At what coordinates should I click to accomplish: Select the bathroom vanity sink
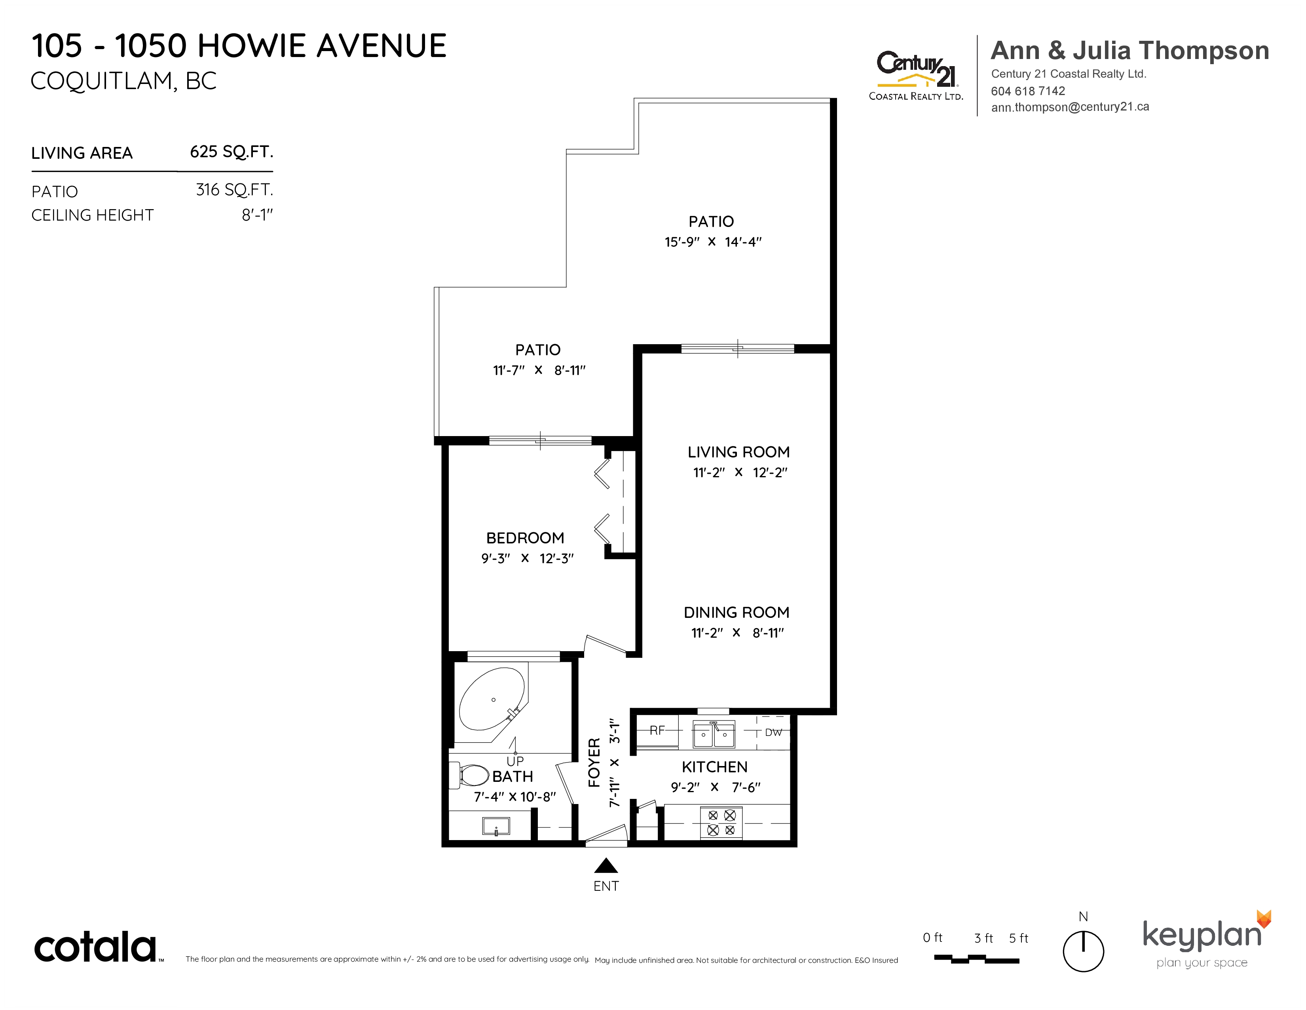click(x=496, y=826)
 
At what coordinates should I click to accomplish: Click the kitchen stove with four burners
click(x=721, y=822)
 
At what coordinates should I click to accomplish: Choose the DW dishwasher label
click(x=773, y=732)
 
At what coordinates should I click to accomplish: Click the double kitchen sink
click(x=714, y=734)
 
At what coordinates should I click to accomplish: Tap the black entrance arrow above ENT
click(x=606, y=865)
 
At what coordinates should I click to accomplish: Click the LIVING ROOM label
click(x=738, y=452)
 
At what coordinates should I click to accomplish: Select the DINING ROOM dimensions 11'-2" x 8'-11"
click(x=737, y=633)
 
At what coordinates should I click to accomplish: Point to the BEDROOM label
click(x=525, y=538)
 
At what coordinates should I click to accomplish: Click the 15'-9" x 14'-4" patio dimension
click(x=713, y=242)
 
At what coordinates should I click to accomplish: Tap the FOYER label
click(x=594, y=762)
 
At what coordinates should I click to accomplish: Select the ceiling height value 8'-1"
click(x=257, y=215)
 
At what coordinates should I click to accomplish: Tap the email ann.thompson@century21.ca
click(x=1070, y=107)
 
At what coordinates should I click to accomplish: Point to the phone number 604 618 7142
click(x=1028, y=91)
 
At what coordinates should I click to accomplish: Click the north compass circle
click(x=1083, y=951)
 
